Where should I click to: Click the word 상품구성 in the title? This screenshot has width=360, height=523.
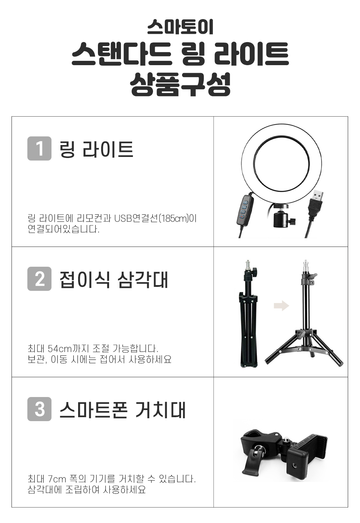pos(180,84)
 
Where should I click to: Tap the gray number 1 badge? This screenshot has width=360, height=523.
pos(39,149)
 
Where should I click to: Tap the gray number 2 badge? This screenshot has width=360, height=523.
pos(39,279)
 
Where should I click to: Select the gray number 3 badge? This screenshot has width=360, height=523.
pos(39,409)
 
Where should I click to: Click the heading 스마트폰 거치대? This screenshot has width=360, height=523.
pos(122,410)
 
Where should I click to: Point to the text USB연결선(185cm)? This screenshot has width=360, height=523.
pos(151,219)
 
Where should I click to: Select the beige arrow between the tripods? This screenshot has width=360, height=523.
pos(282,305)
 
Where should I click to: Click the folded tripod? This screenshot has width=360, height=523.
pos(248,314)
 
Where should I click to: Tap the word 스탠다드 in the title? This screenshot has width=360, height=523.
pos(122,54)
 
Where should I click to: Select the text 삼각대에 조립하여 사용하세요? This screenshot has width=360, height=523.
pos(87,490)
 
